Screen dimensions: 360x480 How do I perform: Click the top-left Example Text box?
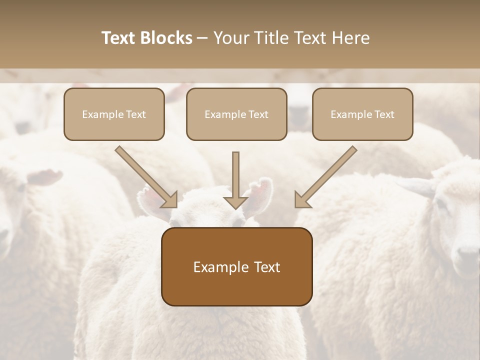pos(114,114)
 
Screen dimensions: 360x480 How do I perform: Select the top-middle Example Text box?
pos(236,114)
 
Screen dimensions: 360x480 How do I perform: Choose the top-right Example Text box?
pos(362,114)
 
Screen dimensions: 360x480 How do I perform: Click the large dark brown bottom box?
pos(236,267)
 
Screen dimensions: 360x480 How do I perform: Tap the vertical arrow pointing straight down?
pos(235,175)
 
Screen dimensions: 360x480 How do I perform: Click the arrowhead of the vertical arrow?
pos(235,202)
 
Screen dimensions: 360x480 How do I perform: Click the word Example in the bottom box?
pos(214,267)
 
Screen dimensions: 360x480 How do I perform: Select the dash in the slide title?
pos(202,38)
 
